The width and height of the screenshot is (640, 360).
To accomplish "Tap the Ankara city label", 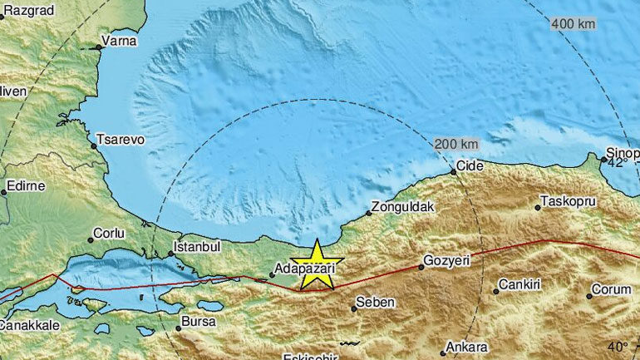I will (466, 347).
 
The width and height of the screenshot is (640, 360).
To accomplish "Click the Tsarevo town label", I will (121, 140).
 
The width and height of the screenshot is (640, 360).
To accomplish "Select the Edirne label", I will (26, 185).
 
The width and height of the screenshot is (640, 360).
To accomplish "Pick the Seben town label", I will (372, 302).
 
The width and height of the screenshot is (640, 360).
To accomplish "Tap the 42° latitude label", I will (615, 164).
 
